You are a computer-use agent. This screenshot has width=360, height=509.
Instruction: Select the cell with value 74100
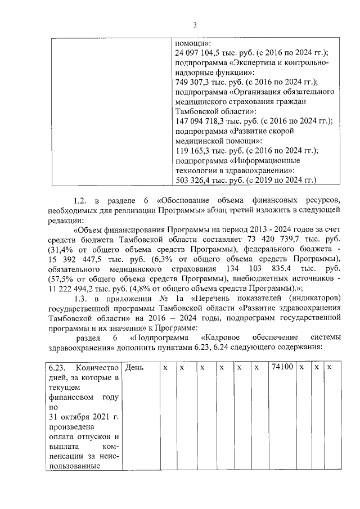[x=282, y=367]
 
